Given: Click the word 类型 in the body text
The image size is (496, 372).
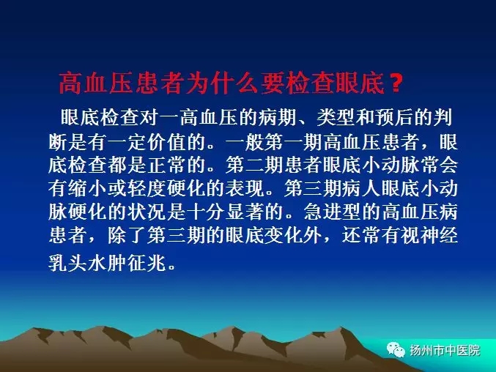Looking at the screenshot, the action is pyautogui.click(x=336, y=118).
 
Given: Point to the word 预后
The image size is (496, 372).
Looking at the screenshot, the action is pyautogui.click(x=394, y=118).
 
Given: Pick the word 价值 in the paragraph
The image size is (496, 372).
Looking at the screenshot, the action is pyautogui.click(x=167, y=142).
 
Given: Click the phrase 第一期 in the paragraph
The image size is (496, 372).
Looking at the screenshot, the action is pyautogui.click(x=294, y=142).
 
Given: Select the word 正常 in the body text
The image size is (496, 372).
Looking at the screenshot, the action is pyautogui.click(x=167, y=165).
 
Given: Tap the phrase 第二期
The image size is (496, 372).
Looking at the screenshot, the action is pyautogui.click(x=255, y=165).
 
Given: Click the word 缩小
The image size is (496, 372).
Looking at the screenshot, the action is pyautogui.click(x=88, y=189).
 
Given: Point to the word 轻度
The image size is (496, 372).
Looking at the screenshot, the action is pyautogui.click(x=147, y=189).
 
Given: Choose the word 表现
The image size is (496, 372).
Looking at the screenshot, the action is pyautogui.click(x=245, y=189).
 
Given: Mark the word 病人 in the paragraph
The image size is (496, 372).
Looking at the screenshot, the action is pyautogui.click(x=363, y=189).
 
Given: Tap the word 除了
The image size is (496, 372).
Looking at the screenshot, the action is pyautogui.click(x=127, y=236).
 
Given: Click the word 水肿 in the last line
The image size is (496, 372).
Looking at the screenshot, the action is pyautogui.click(x=108, y=263).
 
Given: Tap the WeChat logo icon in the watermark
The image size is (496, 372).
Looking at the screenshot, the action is pyautogui.click(x=396, y=350).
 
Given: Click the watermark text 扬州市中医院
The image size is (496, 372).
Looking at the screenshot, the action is pyautogui.click(x=445, y=350).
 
